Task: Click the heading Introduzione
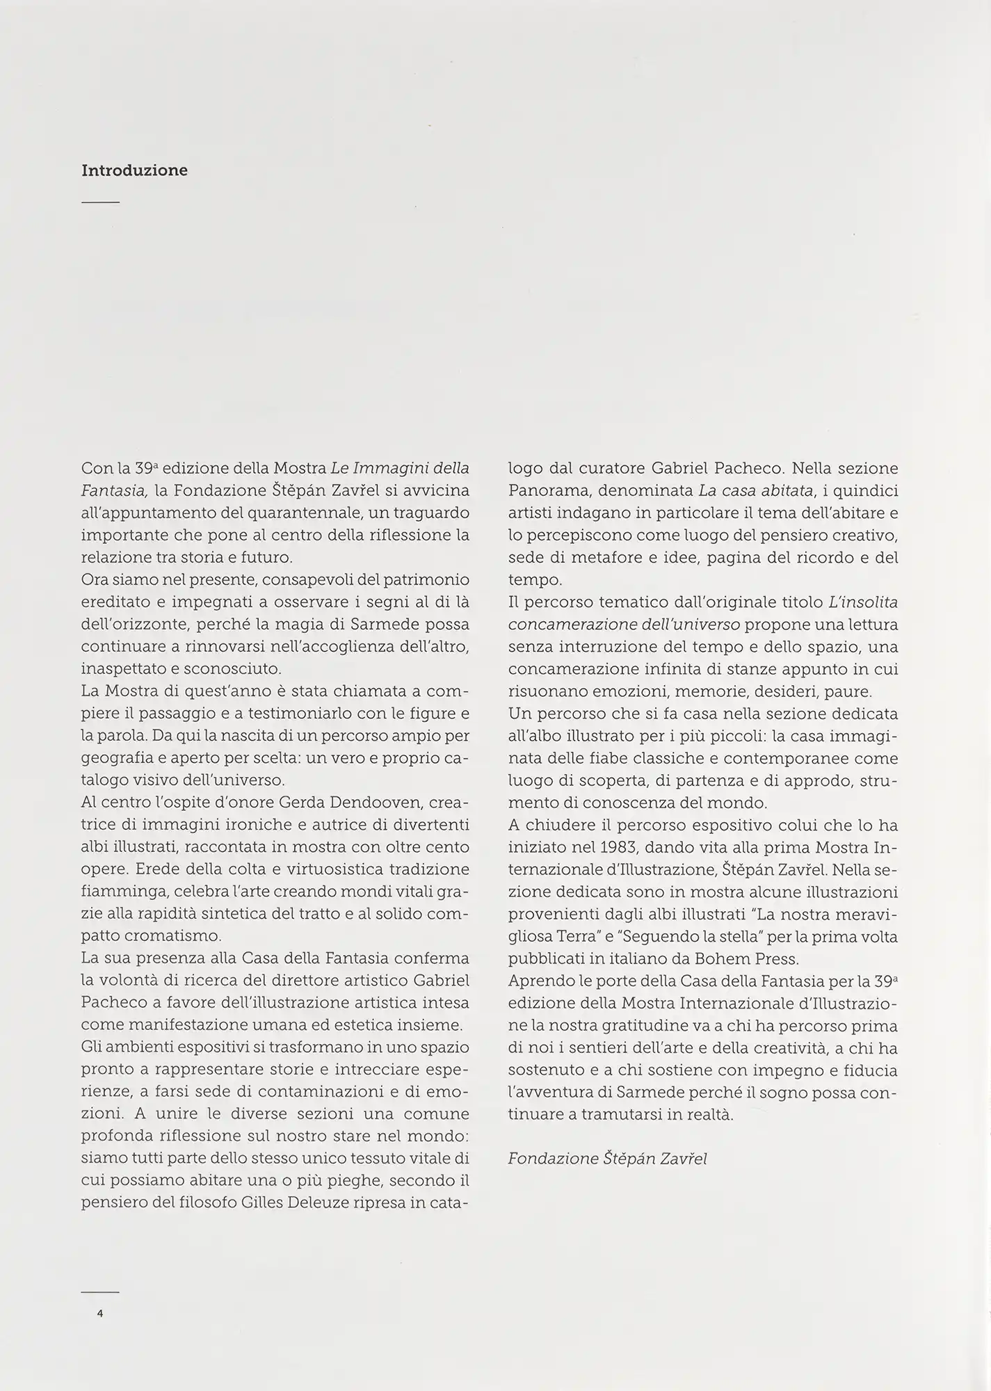134,170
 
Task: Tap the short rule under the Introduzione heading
100,202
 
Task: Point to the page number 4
100,1314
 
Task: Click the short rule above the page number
100,1292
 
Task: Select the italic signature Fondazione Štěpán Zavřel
607,1159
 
